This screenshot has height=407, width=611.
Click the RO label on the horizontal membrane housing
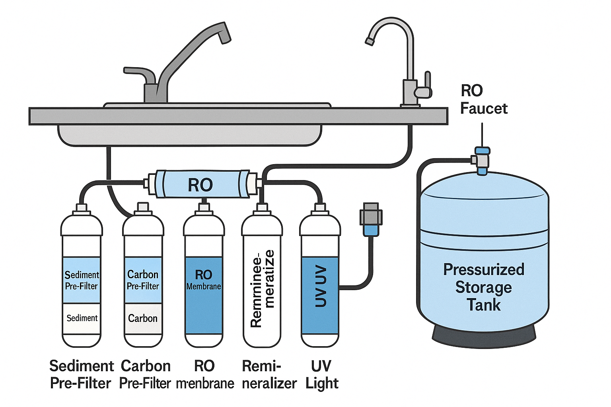pos(200,185)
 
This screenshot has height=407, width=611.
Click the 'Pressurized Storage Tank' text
pos(484,287)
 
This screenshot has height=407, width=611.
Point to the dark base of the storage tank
pos(484,334)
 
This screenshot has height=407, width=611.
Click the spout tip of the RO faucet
pos(369,41)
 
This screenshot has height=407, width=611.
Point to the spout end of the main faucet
pos(225,36)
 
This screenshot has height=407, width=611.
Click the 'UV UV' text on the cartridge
pos(321,286)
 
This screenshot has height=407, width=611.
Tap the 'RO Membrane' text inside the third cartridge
pos(203,280)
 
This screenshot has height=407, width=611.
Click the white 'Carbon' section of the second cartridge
pos(143,318)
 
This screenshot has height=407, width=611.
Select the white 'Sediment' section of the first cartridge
pos(82,318)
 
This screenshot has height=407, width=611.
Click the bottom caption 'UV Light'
pos(321,374)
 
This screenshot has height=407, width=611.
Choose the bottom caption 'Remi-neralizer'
pos(269,374)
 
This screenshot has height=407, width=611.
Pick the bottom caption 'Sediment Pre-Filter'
pos(81,374)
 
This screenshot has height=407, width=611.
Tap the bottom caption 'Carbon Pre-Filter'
pos(145,374)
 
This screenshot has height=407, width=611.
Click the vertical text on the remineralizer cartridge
pos(263,289)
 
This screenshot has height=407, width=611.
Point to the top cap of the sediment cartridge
pos(82,208)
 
